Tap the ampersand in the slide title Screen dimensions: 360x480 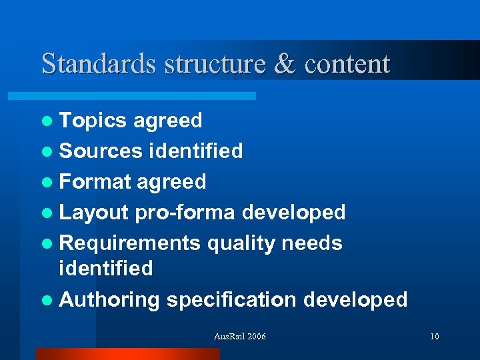[x=283, y=64]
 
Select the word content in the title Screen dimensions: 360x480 [x=347, y=64]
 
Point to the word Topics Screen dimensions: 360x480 [x=93, y=121]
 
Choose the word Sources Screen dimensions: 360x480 [x=101, y=151]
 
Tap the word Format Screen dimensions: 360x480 [x=95, y=182]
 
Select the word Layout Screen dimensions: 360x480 [x=93, y=213]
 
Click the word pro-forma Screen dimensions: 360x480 [x=185, y=213]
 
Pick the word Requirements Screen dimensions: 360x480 [x=130, y=243]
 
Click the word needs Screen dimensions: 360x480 [x=312, y=243]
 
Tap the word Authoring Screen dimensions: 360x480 [x=109, y=300]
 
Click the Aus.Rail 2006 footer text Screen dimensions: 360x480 [x=239, y=337]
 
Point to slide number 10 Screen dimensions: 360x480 [x=434, y=337]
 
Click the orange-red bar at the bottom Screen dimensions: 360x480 [x=127, y=354]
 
